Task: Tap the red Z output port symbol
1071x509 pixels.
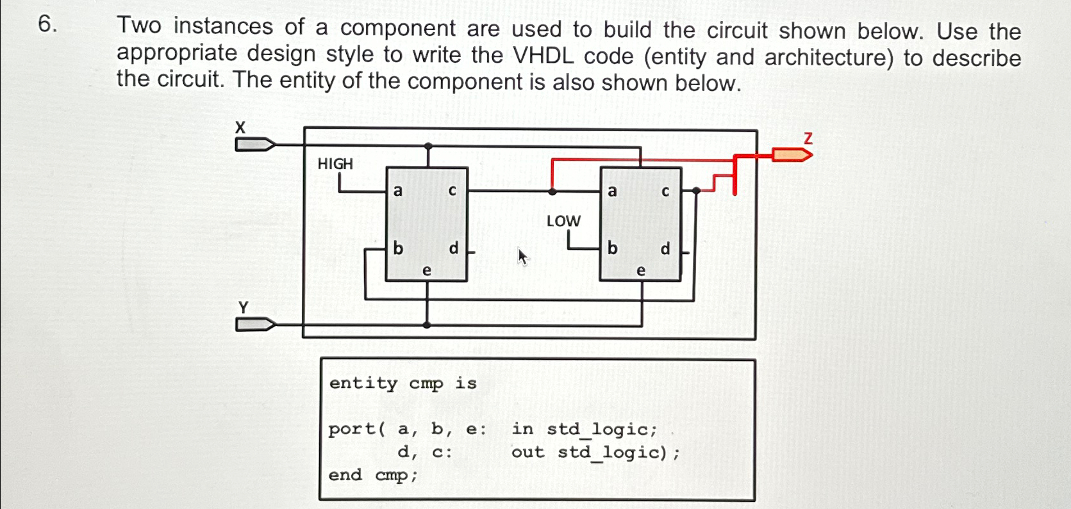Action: click(791, 154)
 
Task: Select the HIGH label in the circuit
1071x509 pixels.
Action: click(335, 164)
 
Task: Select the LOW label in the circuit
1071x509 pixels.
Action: click(563, 222)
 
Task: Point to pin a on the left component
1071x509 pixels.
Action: click(398, 191)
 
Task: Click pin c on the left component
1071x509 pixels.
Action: click(452, 191)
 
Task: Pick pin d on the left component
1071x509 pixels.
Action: click(454, 248)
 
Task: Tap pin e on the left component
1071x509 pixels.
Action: click(427, 271)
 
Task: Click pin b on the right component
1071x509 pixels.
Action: click(612, 248)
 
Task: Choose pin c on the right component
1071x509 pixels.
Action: click(665, 191)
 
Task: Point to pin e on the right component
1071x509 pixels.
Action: click(640, 271)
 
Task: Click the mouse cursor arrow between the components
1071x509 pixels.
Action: click(523, 257)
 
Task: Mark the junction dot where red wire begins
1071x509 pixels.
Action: click(552, 191)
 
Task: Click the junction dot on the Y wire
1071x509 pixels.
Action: click(428, 325)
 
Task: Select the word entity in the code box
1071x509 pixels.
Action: click(363, 383)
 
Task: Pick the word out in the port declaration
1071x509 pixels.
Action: click(527, 452)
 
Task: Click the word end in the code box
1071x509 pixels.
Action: click(345, 475)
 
